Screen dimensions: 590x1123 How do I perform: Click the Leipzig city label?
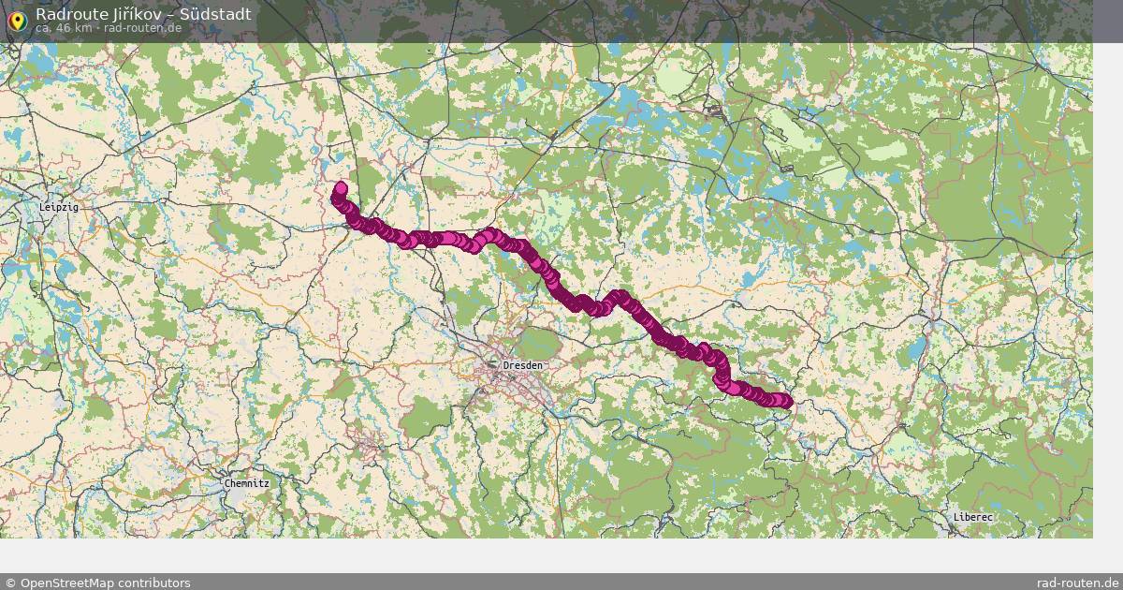[59, 207]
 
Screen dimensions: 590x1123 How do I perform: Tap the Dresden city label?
[521, 364]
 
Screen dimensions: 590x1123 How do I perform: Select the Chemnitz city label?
[246, 483]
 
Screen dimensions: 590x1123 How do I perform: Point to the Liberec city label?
[973, 516]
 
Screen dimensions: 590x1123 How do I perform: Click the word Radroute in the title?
[68, 14]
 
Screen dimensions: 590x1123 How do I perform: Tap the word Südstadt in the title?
[215, 14]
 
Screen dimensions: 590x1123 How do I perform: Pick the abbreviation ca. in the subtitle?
[44, 28]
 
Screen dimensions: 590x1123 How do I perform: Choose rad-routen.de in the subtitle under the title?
[143, 28]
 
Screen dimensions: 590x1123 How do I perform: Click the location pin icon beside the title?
[16, 21]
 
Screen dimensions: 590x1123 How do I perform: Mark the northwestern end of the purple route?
[340, 188]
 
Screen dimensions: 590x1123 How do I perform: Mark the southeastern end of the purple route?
[786, 403]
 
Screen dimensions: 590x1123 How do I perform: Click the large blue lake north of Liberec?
[916, 349]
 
